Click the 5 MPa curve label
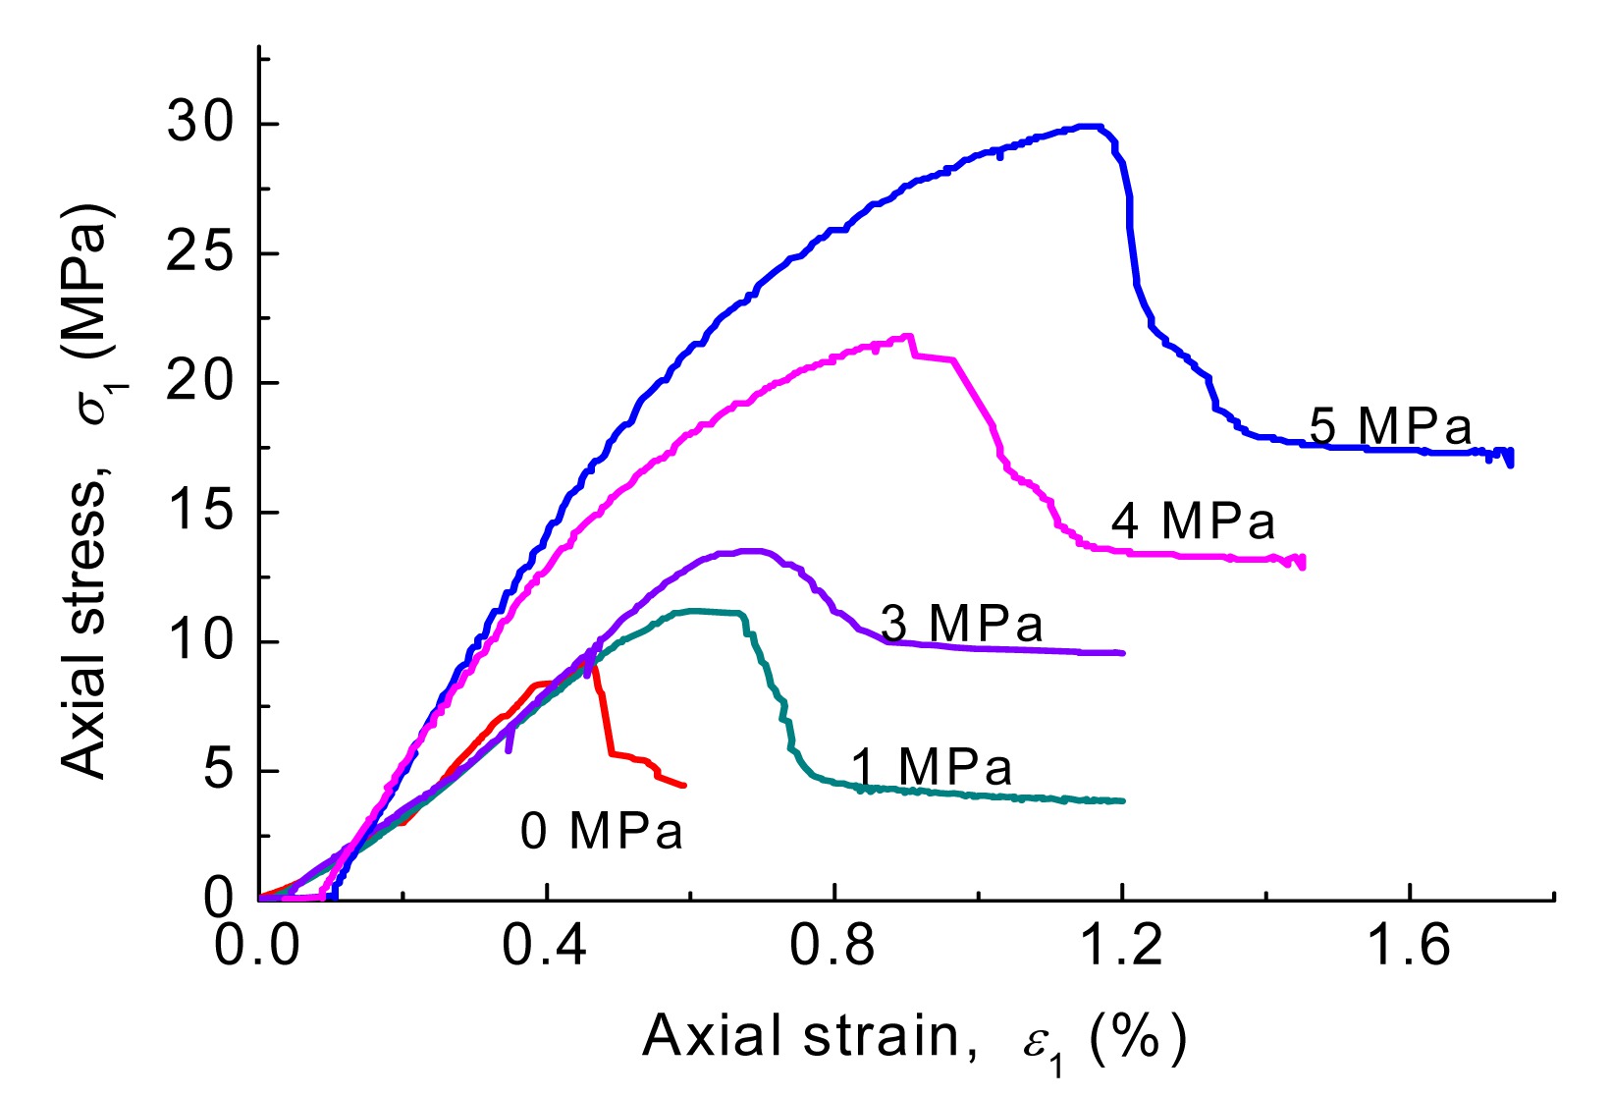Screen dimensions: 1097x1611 tap(1390, 427)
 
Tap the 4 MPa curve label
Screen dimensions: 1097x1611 tap(1193, 521)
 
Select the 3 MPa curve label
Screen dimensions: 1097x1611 tap(961, 624)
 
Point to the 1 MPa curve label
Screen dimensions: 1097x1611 tap(931, 767)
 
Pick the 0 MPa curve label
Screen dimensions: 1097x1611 tap(601, 831)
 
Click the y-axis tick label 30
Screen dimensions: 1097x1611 tap(199, 124)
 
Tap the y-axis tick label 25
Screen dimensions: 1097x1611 tap(199, 253)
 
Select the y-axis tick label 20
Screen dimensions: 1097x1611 tap(199, 383)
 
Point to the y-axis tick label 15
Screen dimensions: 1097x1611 tap(199, 513)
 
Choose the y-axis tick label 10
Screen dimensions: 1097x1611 tap(199, 642)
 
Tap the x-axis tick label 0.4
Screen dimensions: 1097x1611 tap(545, 947)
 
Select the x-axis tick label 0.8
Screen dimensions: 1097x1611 tap(833, 947)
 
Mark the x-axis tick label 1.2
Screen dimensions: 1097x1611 tap(1121, 947)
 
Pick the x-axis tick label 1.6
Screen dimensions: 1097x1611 tap(1409, 947)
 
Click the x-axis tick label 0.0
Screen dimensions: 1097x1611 tap(257, 947)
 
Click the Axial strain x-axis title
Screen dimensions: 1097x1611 tap(913, 1037)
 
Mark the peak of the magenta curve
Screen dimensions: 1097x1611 tap(908, 336)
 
